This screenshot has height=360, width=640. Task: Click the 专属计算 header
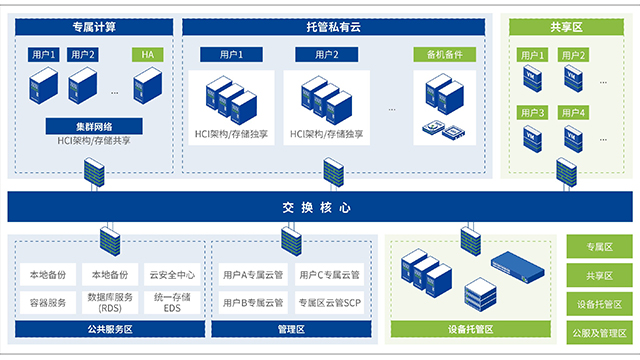91,28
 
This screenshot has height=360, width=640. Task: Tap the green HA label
146,55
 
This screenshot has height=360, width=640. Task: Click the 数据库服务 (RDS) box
111,301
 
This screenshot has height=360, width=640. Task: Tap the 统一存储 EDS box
173,301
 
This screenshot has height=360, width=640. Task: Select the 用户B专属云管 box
254,301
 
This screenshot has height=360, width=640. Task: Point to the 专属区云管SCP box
330,301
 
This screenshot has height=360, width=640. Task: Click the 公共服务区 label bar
110,328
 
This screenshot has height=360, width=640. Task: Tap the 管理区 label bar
291,328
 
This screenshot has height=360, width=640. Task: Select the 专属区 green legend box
597,246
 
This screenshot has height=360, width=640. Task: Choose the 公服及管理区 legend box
597,331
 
